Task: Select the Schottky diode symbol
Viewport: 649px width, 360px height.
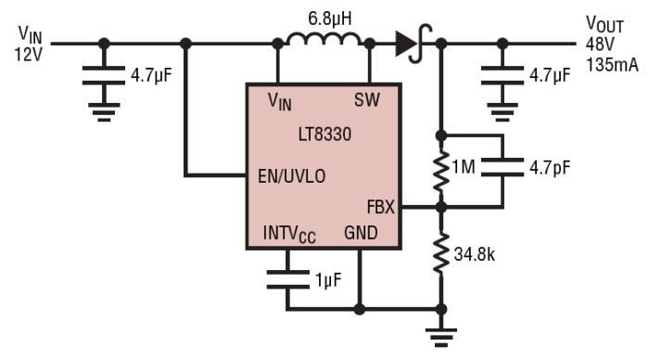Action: (x=409, y=44)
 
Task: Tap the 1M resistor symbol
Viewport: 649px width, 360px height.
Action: (x=441, y=170)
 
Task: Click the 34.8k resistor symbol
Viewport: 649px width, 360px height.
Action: (x=441, y=252)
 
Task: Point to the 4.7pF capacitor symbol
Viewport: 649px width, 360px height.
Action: (x=502, y=170)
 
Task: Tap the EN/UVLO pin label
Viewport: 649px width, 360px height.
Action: (x=291, y=174)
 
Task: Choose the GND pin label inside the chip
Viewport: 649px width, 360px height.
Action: (x=361, y=233)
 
